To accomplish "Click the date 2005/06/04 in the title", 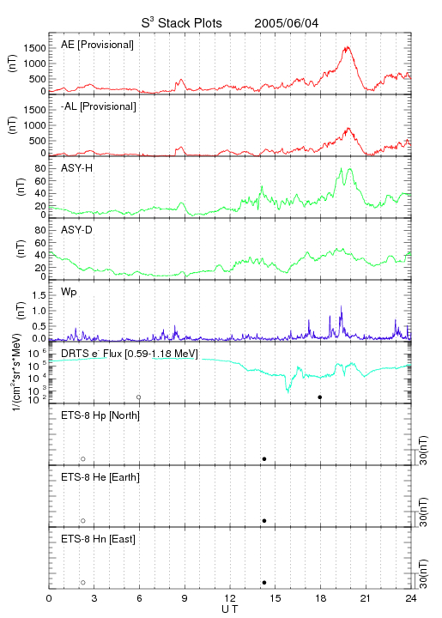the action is tap(286, 23).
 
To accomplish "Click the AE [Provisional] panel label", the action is tap(97, 45).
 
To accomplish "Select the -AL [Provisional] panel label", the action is tap(99, 106).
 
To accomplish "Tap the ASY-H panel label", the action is tap(77, 168).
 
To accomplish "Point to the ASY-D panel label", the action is tap(77, 230).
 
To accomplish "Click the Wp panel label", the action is tap(69, 293).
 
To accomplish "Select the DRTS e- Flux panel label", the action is tap(130, 354).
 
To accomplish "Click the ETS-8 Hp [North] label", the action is tap(100, 415).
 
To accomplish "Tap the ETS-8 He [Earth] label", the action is tap(100, 477).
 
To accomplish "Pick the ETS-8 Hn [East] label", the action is tap(98, 539).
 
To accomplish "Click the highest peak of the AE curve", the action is tap(347, 47).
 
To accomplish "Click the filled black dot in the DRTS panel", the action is tap(320, 397).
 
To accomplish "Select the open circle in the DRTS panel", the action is tap(139, 397).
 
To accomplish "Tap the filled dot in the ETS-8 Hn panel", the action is tap(264, 583).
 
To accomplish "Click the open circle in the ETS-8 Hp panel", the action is tap(83, 459).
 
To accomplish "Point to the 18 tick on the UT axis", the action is tap(321, 598).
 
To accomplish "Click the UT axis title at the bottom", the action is tap(230, 609).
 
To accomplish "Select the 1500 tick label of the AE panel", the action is tap(34, 48).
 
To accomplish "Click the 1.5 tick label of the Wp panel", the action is tap(39, 295).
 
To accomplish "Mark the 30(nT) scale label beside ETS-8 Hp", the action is tap(423, 450).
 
